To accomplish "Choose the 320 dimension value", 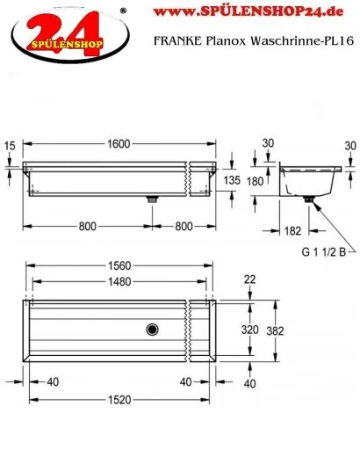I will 250,330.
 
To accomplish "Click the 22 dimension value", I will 250,279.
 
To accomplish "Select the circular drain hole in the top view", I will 154,330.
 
